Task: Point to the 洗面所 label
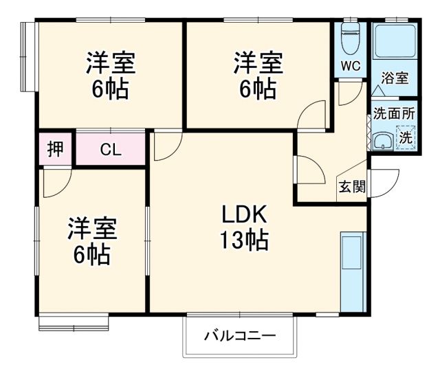(394, 112)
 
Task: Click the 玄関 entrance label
(351, 187)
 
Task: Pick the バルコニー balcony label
(240, 337)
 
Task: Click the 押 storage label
(56, 148)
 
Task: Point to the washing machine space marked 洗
(406, 137)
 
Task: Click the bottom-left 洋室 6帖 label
(91, 241)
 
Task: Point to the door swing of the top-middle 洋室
(312, 114)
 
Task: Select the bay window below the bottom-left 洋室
(73, 320)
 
